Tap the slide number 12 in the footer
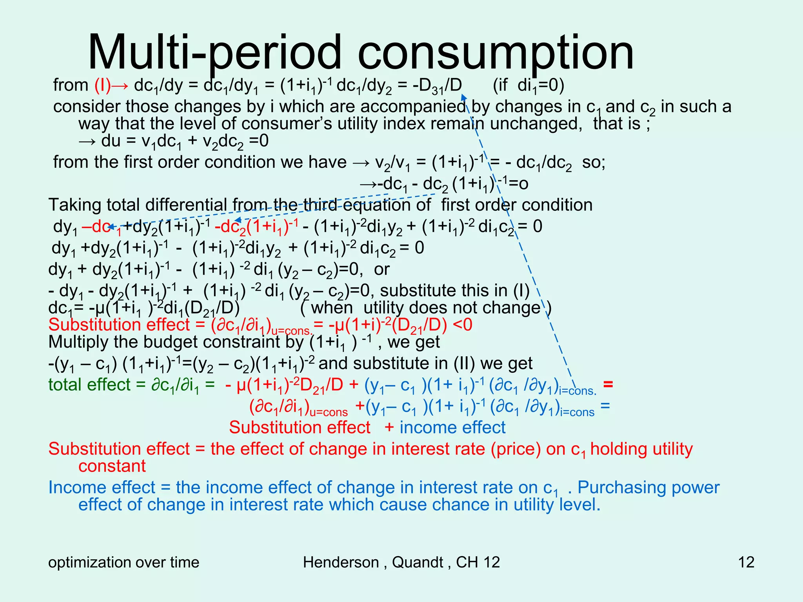click(x=746, y=562)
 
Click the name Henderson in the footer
click(x=340, y=562)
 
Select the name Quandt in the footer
click(x=417, y=562)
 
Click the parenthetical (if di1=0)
click(x=528, y=85)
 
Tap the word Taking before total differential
click(x=74, y=205)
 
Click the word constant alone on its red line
click(x=112, y=466)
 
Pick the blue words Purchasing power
click(x=649, y=488)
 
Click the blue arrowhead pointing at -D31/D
click(x=463, y=96)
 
